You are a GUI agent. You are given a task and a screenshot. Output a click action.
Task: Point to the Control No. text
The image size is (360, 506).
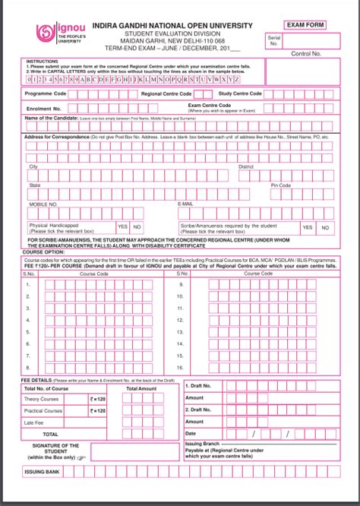tap(307, 55)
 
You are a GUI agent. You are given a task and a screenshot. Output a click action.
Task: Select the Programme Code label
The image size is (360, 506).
tap(45, 93)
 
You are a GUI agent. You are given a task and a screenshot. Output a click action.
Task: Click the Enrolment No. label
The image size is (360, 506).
tap(43, 108)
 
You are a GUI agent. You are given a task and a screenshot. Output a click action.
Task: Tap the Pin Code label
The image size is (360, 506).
tap(281, 185)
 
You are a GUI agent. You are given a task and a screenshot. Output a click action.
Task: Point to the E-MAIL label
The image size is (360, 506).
tap(185, 204)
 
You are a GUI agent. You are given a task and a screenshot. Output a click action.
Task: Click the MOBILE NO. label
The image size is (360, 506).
tap(43, 204)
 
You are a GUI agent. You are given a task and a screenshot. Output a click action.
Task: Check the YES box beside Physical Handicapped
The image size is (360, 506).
tap(122, 227)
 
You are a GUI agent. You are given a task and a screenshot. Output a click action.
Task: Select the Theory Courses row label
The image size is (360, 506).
tap(43, 399)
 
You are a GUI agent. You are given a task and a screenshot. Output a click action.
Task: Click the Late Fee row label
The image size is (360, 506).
tap(35, 422)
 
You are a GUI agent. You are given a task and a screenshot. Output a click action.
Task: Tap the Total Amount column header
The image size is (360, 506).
tap(142, 388)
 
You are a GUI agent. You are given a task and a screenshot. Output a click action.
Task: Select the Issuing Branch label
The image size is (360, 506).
tap(203, 442)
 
